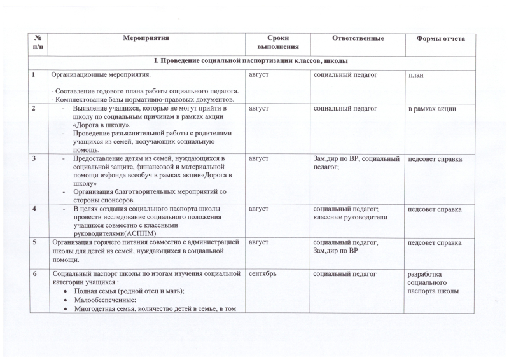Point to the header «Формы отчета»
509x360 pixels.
[440, 39]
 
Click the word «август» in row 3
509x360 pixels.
[259, 158]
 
